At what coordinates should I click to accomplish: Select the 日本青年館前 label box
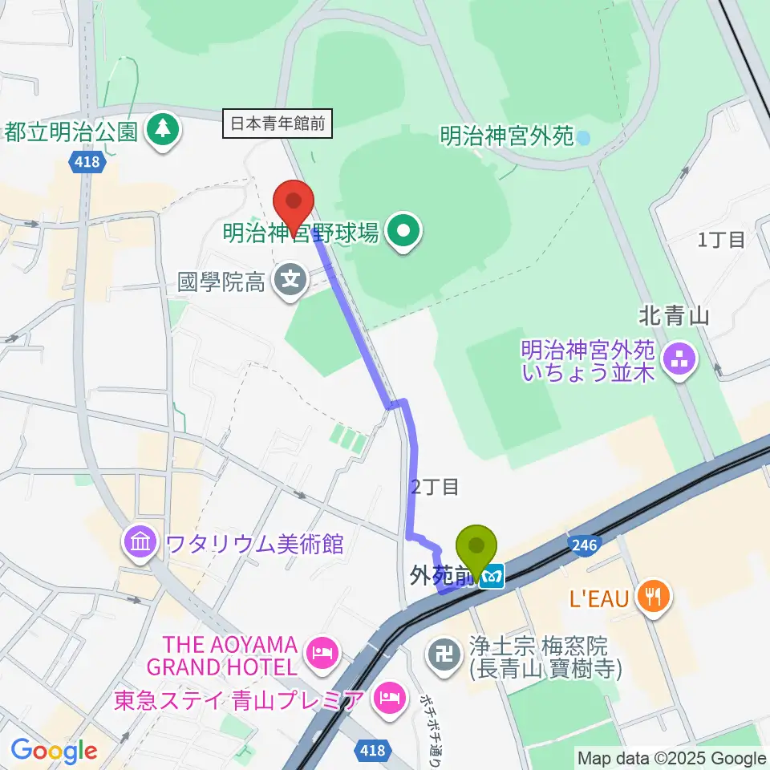[x=278, y=124]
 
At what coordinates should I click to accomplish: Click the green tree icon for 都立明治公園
[x=163, y=131]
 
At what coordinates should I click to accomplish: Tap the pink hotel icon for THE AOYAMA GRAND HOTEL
[x=322, y=655]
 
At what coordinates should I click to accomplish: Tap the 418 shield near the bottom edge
[x=372, y=751]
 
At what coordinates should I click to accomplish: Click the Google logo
[x=55, y=751]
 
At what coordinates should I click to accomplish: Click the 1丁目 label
[x=721, y=239]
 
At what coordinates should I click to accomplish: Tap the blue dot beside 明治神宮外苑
[x=583, y=137]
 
